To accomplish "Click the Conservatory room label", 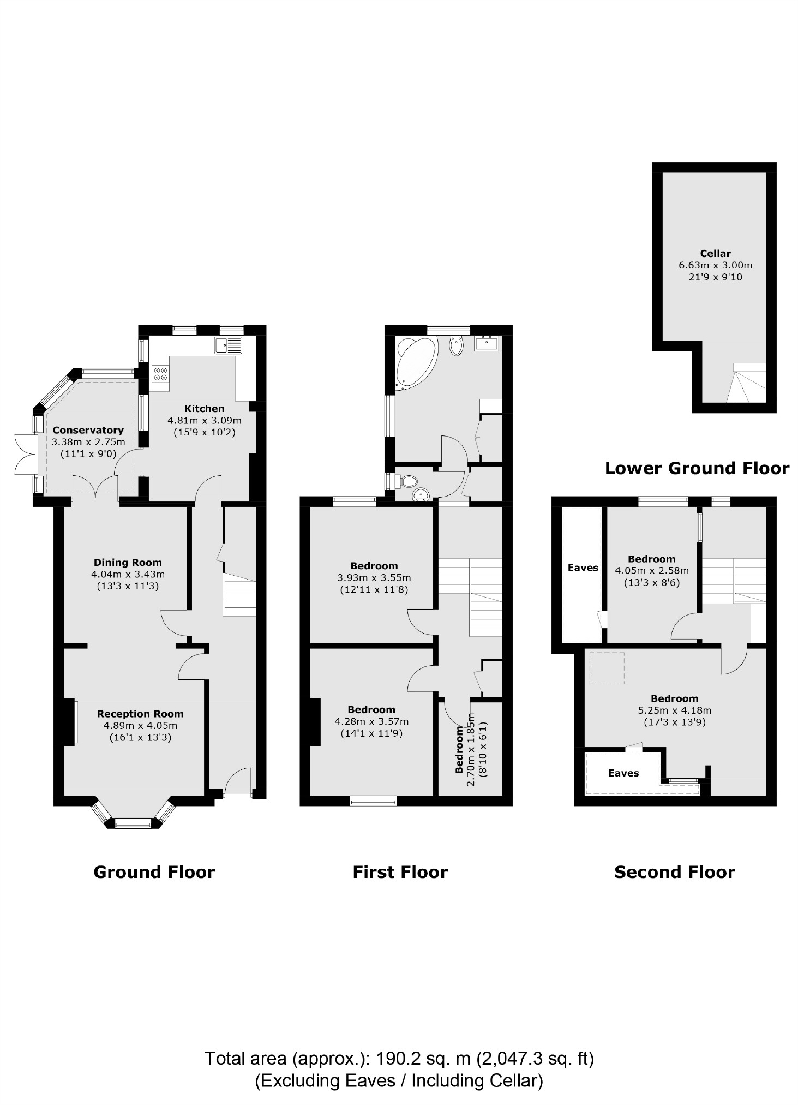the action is (x=88, y=430).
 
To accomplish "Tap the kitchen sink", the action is (x=228, y=345).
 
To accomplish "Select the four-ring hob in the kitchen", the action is (x=161, y=374).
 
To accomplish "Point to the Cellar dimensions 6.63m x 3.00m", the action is (x=715, y=265).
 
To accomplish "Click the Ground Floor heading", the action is (x=154, y=872).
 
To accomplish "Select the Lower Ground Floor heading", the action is (x=697, y=468).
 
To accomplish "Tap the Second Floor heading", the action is (x=675, y=872).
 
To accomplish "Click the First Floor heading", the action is (x=400, y=872).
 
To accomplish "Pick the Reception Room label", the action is (x=140, y=714).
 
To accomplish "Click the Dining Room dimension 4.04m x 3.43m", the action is (x=128, y=574).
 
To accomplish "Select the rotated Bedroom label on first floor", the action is (x=460, y=749).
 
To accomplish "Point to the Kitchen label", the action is (x=204, y=408).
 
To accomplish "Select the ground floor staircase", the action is (x=239, y=595).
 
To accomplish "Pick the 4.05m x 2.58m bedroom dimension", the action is (x=652, y=571).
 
